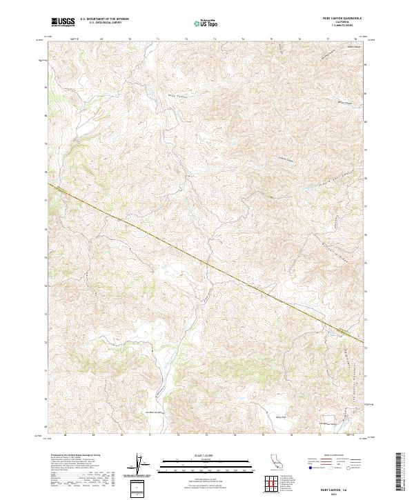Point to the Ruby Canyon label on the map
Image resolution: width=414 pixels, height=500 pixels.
click(x=177, y=97)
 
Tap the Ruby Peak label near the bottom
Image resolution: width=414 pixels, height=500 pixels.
click(x=281, y=417)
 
